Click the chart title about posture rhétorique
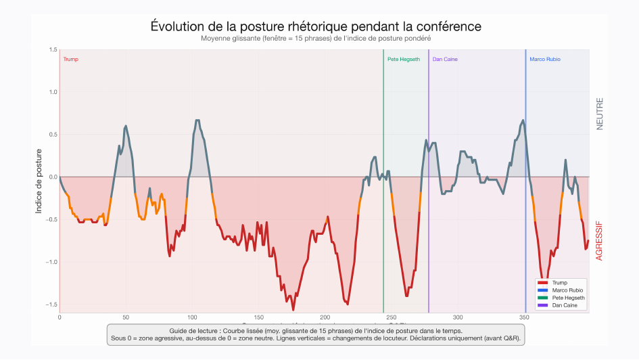click(x=316, y=26)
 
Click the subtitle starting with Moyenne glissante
click(x=316, y=39)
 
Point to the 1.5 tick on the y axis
click(x=53, y=50)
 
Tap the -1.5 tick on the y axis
click(x=52, y=305)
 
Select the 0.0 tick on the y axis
click(x=53, y=177)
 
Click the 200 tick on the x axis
click(x=325, y=317)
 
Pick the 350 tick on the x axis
click(x=523, y=317)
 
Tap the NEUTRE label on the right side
click(x=599, y=114)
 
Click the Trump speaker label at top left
click(x=70, y=60)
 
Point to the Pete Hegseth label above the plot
click(x=404, y=60)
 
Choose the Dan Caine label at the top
click(x=445, y=60)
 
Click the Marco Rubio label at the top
click(x=544, y=60)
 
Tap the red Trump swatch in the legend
click(x=542, y=282)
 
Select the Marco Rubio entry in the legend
click(x=567, y=290)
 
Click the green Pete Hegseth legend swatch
click(x=542, y=298)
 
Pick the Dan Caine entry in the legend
click(x=564, y=305)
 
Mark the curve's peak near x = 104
click(x=197, y=120)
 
